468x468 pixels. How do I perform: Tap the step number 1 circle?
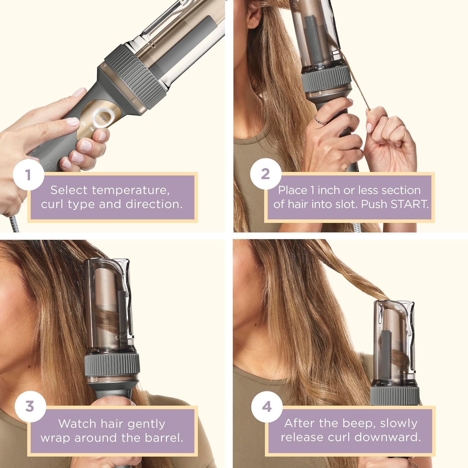[28, 174]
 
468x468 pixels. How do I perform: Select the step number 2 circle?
[265, 174]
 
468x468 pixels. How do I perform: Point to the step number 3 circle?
[30, 406]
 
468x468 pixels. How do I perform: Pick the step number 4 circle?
[267, 407]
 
